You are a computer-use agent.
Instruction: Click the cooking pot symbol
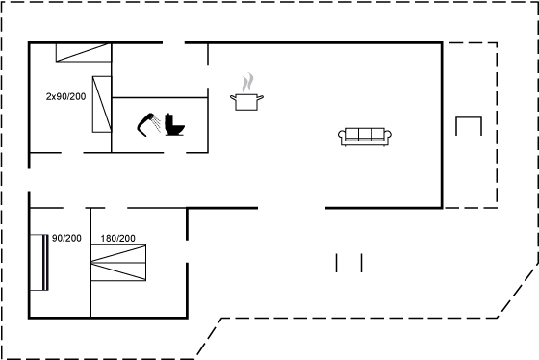pyautogui.click(x=246, y=102)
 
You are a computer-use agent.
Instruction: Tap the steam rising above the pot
pyautogui.click(x=247, y=83)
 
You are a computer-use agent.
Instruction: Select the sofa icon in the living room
pyautogui.click(x=365, y=137)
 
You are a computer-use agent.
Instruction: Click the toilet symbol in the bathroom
pyautogui.click(x=174, y=124)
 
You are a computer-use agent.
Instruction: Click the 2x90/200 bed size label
pyautogui.click(x=66, y=96)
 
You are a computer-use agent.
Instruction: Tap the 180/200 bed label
pyautogui.click(x=117, y=238)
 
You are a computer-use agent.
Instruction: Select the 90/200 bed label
pyautogui.click(x=66, y=238)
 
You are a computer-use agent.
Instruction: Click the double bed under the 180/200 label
pyautogui.click(x=118, y=263)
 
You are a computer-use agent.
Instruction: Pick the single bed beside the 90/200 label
pyautogui.click(x=38, y=263)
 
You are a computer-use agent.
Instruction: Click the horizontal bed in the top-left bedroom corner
pyautogui.click(x=84, y=52)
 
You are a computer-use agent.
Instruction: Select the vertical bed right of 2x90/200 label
pyautogui.click(x=102, y=104)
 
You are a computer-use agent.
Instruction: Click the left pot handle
pyautogui.click(x=233, y=97)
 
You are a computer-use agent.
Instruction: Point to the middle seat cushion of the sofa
pyautogui.click(x=365, y=134)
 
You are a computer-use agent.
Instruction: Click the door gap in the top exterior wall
pyautogui.click(x=174, y=43)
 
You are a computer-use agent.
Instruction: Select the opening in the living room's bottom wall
pyautogui.click(x=292, y=208)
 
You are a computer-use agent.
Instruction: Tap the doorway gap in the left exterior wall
pyautogui.click(x=29, y=180)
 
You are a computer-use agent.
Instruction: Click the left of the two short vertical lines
pyautogui.click(x=337, y=263)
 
